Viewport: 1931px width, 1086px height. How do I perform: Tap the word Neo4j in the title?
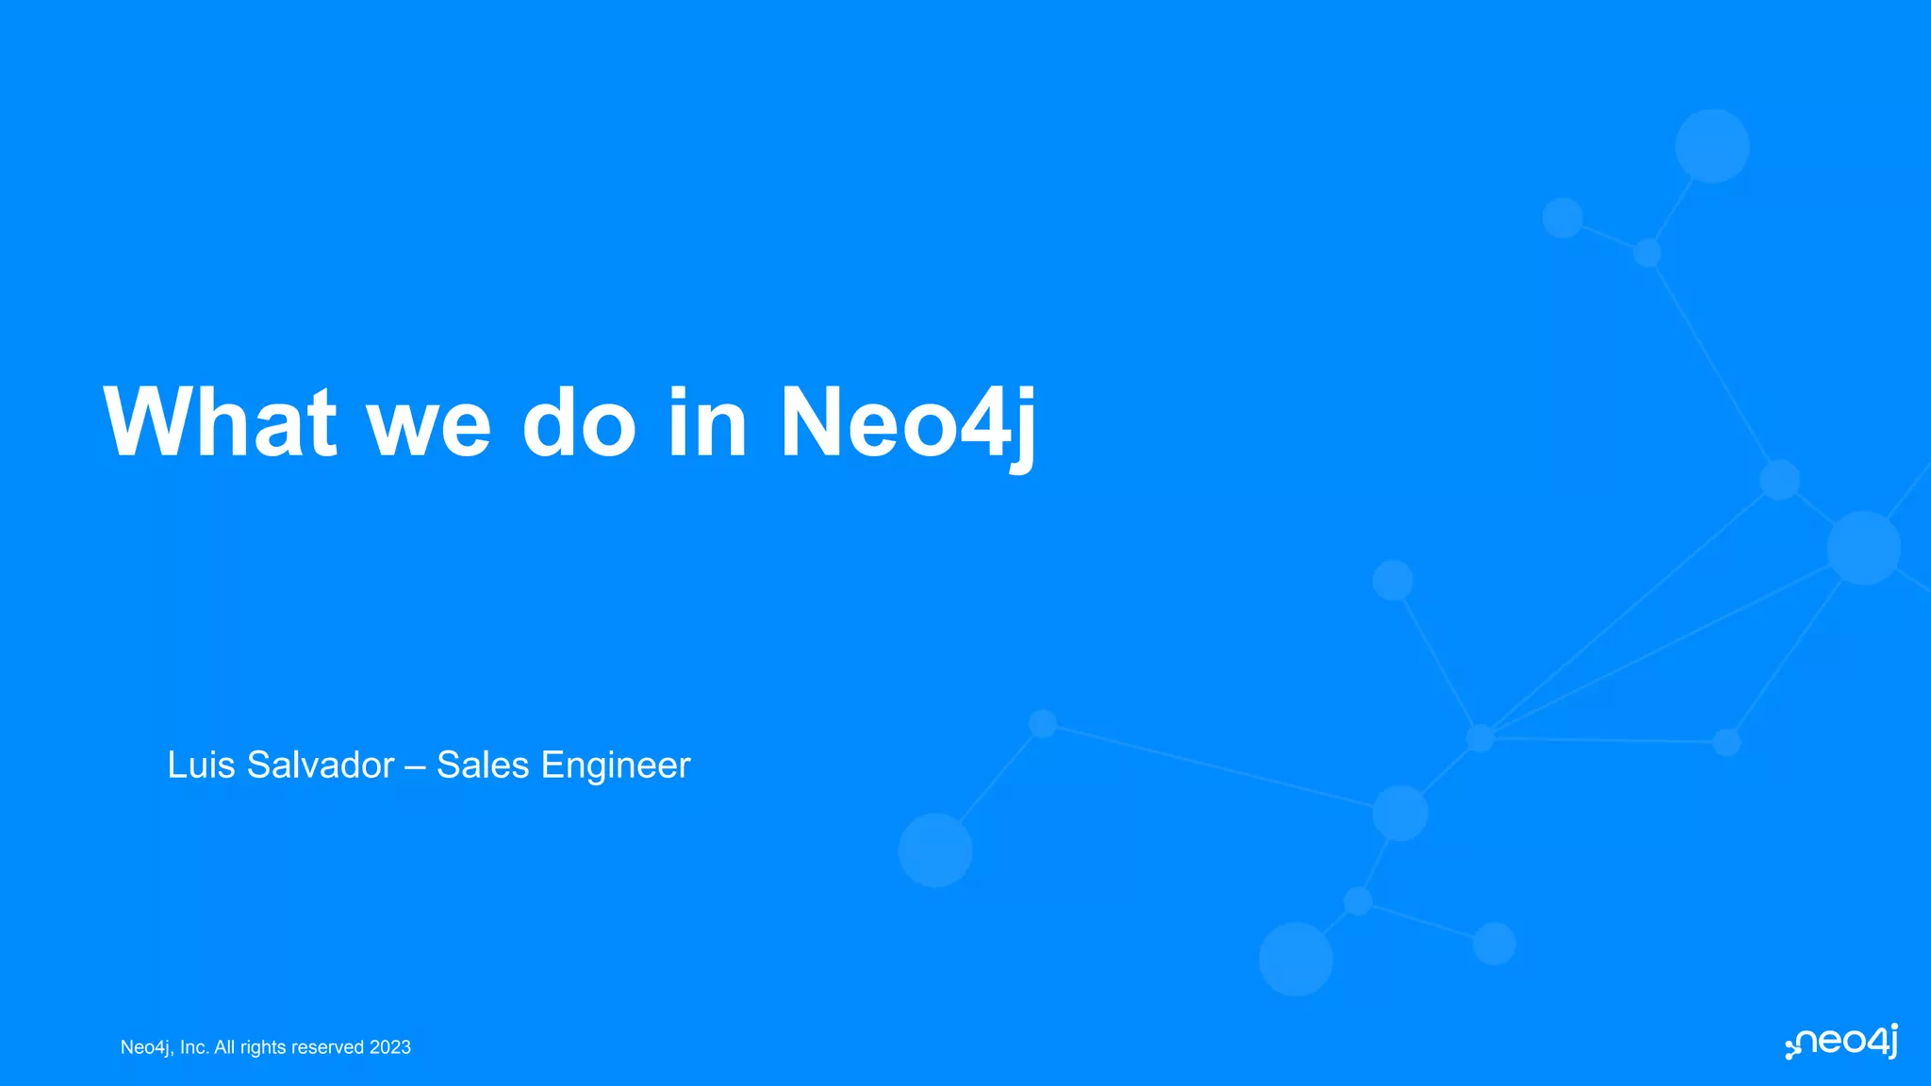click(x=908, y=423)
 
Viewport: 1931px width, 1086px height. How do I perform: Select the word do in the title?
click(x=579, y=423)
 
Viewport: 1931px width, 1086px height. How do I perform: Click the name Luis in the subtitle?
click(x=201, y=765)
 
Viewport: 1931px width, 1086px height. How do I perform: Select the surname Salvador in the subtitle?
click(x=321, y=765)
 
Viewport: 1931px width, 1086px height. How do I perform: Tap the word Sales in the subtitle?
click(x=483, y=765)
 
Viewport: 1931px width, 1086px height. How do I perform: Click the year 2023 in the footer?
click(x=390, y=1047)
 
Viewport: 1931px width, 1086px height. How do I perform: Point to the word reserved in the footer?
click(x=327, y=1047)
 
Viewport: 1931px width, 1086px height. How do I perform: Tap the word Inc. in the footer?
click(x=194, y=1047)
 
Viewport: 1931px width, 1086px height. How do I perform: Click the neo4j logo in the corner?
click(x=1842, y=1042)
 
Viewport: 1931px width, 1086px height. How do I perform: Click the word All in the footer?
click(x=224, y=1047)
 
